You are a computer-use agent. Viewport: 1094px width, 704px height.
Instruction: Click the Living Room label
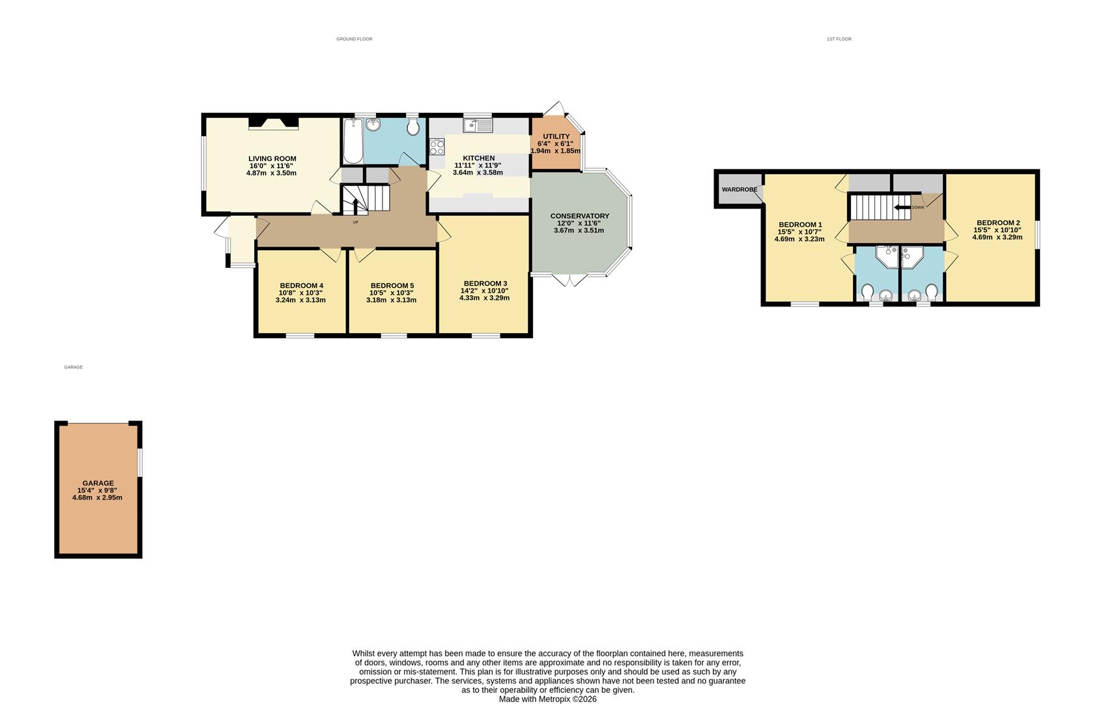click(x=272, y=158)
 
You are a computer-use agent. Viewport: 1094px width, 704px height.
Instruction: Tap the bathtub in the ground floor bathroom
click(x=353, y=142)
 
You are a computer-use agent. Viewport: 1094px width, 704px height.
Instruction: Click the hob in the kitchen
click(x=437, y=147)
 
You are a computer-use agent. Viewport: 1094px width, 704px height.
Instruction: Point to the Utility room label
click(x=556, y=136)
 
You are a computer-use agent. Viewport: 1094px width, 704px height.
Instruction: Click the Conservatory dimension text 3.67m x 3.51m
click(x=579, y=230)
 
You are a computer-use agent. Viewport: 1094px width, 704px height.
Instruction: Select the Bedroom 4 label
click(x=301, y=286)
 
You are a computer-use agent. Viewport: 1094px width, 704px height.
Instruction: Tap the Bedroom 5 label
click(x=392, y=286)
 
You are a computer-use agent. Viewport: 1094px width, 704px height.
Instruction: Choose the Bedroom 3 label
click(x=485, y=283)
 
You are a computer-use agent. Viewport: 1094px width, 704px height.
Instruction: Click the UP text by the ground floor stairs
click(x=355, y=222)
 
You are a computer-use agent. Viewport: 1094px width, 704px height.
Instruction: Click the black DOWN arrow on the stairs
click(x=902, y=207)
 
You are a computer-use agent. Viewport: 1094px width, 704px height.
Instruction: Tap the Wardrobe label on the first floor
click(x=739, y=190)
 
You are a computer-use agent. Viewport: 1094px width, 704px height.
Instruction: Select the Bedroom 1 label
click(x=799, y=224)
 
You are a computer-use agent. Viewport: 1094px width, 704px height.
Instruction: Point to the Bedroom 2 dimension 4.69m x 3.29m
click(x=997, y=237)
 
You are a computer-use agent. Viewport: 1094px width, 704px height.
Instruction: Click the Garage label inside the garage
click(x=98, y=483)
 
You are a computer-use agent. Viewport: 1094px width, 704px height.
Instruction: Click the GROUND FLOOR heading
click(x=354, y=39)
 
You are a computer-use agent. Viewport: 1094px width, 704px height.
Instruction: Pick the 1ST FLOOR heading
click(x=839, y=39)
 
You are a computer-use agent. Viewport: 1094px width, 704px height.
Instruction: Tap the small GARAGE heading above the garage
click(x=73, y=367)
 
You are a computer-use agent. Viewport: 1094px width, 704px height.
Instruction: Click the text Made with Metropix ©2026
click(x=547, y=699)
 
